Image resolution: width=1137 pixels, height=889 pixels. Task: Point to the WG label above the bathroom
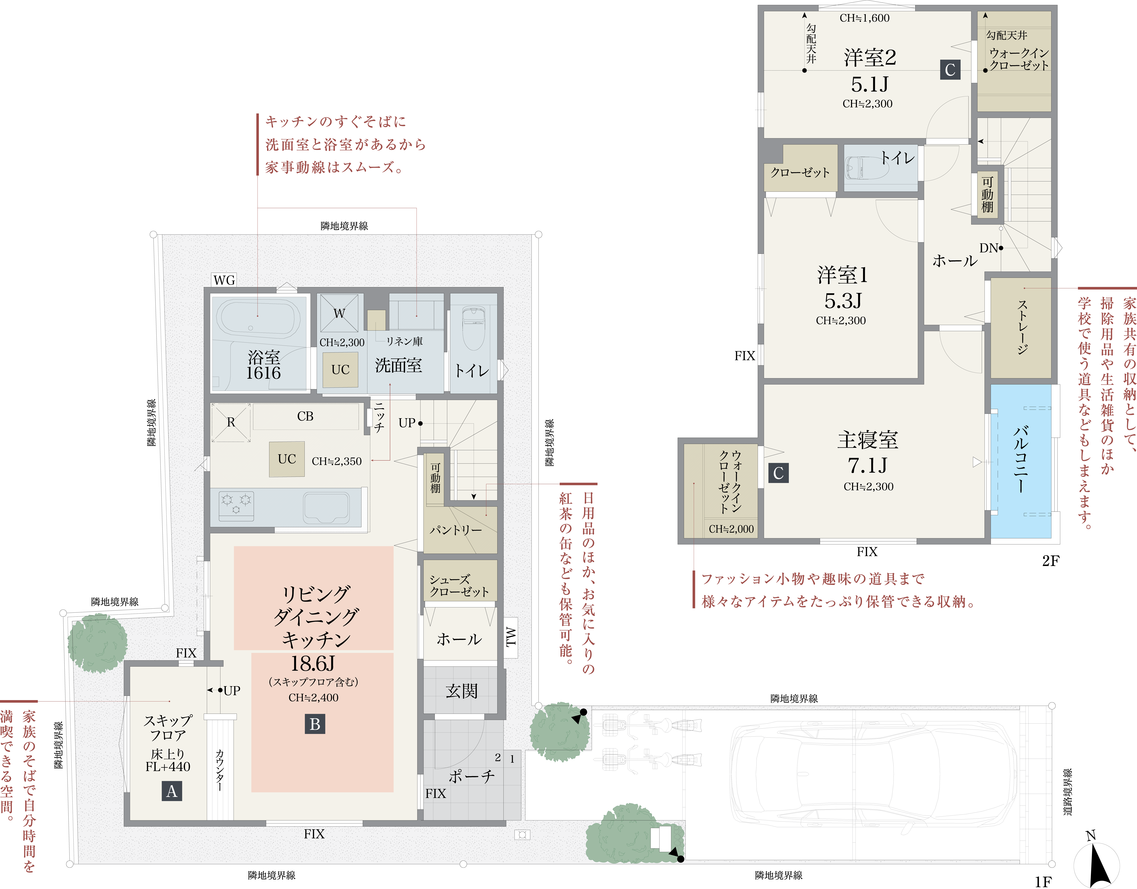click(224, 280)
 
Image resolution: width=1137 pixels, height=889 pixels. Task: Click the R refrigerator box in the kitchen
click(231, 422)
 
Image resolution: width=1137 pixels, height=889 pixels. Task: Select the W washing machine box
click(339, 313)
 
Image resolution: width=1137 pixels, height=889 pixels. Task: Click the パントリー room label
click(456, 530)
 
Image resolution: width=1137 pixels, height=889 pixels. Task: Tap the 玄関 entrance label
click(461, 691)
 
